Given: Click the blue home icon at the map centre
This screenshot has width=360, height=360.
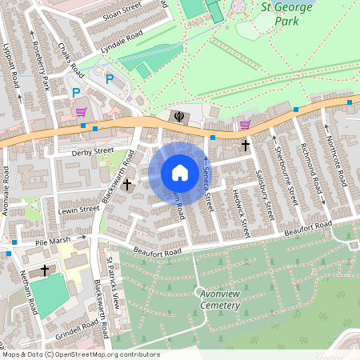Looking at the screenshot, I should [180, 173].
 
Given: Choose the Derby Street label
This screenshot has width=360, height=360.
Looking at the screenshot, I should [92, 151].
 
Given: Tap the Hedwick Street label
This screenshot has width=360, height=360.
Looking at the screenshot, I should [238, 211].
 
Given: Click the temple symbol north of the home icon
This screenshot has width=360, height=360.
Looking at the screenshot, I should [177, 117].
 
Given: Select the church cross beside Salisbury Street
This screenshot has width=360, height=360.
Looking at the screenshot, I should [245, 145].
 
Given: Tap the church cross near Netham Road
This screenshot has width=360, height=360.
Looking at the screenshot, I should [45, 270].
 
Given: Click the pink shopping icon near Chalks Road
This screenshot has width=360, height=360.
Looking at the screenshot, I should [81, 112].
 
